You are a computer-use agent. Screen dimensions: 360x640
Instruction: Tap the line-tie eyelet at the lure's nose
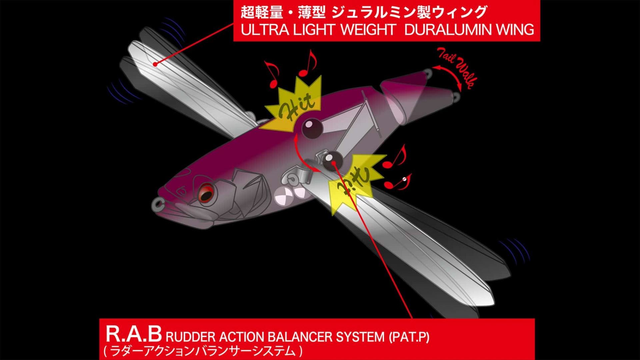[x=158, y=205]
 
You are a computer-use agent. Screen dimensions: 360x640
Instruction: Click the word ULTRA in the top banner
[x=265, y=30]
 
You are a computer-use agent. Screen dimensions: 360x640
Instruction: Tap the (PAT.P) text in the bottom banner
[x=409, y=337]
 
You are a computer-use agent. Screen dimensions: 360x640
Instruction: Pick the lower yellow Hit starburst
[x=354, y=182]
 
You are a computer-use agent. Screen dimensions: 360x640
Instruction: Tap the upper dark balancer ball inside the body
[x=312, y=128]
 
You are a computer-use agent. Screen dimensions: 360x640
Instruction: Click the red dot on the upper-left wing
[x=155, y=64]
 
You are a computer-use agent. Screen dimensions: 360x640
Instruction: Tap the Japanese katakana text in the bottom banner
[x=203, y=351]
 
